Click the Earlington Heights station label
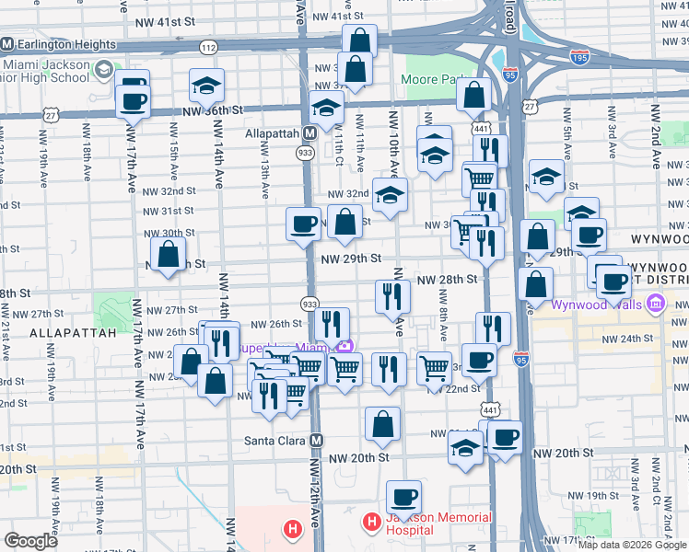click(x=65, y=44)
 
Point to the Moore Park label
click(x=431, y=80)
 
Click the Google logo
click(x=31, y=541)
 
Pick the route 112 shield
click(x=208, y=47)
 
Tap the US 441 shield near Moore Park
click(x=481, y=128)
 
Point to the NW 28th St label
click(x=447, y=279)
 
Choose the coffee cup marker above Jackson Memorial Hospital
click(x=403, y=499)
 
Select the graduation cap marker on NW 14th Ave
click(x=207, y=86)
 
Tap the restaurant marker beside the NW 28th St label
click(x=393, y=296)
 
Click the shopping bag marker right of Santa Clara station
click(x=382, y=425)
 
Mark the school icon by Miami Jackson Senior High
click(x=103, y=69)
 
